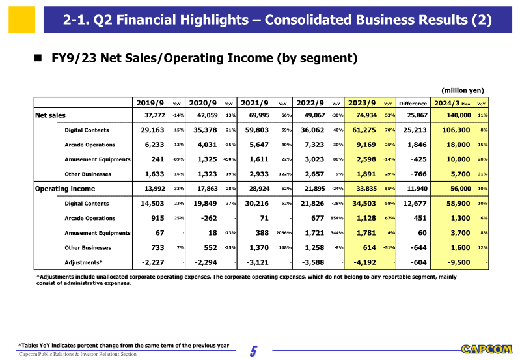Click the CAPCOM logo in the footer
[x=486, y=350]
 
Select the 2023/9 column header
[x=363, y=103]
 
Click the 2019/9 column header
[x=150, y=103]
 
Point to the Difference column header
[x=413, y=104]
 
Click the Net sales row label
[x=50, y=115]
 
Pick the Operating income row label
[x=64, y=189]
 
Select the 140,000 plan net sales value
[x=456, y=115]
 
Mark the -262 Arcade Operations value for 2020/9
[x=208, y=218]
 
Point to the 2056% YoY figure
[x=282, y=233]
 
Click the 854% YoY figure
[x=336, y=219]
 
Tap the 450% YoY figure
[x=229, y=159]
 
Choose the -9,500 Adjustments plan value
[x=458, y=262]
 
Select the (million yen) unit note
[x=463, y=90]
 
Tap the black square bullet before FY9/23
[x=38, y=59]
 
